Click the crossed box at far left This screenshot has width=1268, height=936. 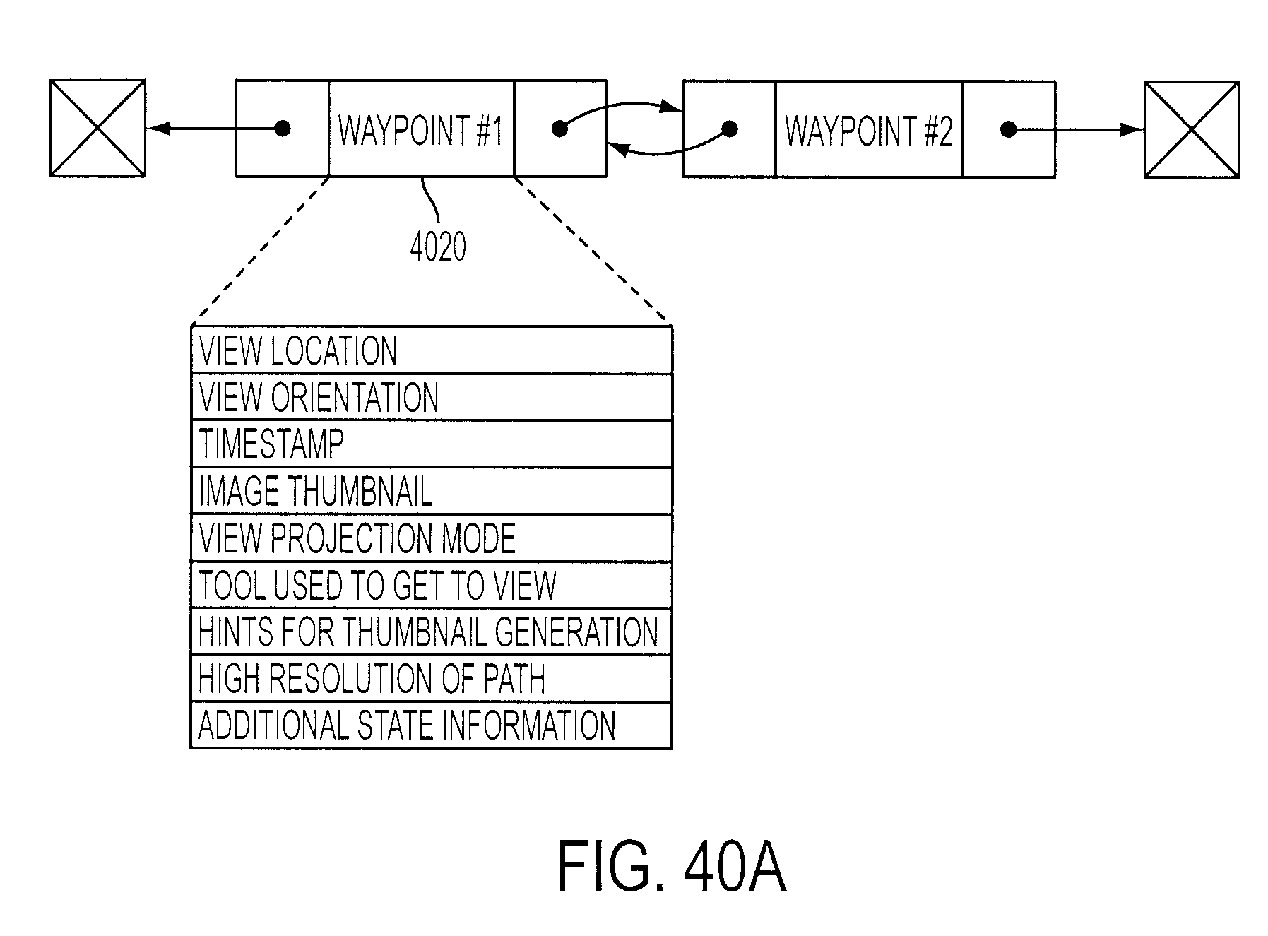click(x=97, y=128)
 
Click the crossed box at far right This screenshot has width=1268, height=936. click(x=1191, y=130)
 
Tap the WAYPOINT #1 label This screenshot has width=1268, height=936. click(x=420, y=131)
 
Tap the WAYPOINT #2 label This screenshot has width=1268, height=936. click(x=868, y=131)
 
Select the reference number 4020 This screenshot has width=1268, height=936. click(x=438, y=247)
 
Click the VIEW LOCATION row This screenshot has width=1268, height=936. click(x=432, y=350)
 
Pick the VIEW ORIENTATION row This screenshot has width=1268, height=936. click(x=432, y=397)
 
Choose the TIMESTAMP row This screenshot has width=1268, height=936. click(x=432, y=444)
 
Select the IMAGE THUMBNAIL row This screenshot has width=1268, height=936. click(x=432, y=491)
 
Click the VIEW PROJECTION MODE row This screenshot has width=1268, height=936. click(x=432, y=538)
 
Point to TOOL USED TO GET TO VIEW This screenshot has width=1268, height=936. click(x=377, y=585)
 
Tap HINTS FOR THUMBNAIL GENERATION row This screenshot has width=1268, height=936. click(x=432, y=632)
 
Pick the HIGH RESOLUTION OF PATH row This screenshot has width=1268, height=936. click(x=432, y=678)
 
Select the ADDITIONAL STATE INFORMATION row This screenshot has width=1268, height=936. click(x=432, y=725)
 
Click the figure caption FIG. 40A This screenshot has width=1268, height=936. click(x=671, y=867)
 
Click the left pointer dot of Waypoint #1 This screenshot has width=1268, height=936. click(x=283, y=129)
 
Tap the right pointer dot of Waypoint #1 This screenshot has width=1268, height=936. click(x=559, y=129)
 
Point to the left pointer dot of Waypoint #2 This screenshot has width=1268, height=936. click(x=730, y=129)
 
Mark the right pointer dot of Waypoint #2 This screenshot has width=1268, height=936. click(x=1009, y=130)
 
